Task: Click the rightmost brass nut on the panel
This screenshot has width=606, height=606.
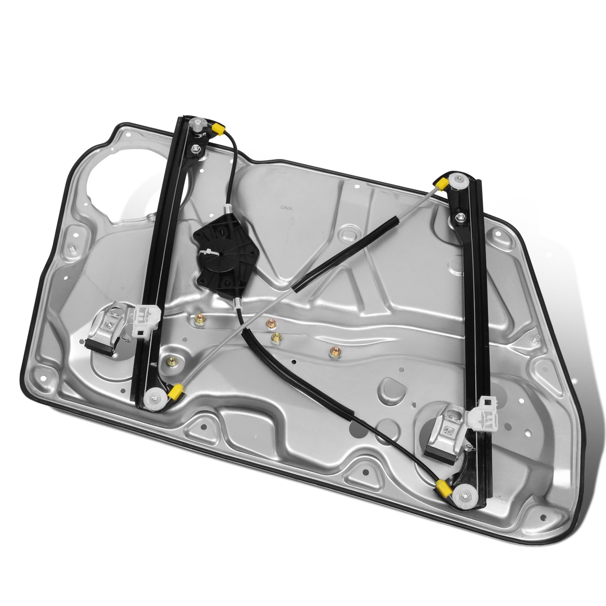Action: tap(335, 352)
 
